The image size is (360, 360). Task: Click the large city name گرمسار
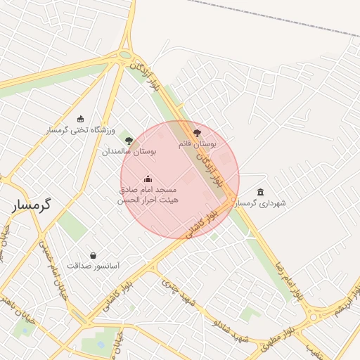32,206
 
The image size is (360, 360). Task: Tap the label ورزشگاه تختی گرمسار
76,131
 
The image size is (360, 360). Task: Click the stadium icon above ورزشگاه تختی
81,119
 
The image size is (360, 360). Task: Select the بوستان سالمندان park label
129,151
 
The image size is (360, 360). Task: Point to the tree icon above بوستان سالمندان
128,140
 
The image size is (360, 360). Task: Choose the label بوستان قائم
196,143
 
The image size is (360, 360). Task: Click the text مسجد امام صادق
148,190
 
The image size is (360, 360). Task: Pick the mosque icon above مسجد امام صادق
148,179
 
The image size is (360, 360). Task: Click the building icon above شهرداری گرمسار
261,192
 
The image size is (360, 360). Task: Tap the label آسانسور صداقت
94,266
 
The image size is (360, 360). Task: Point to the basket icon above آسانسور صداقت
94,255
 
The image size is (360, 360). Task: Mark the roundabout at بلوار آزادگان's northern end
125,55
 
